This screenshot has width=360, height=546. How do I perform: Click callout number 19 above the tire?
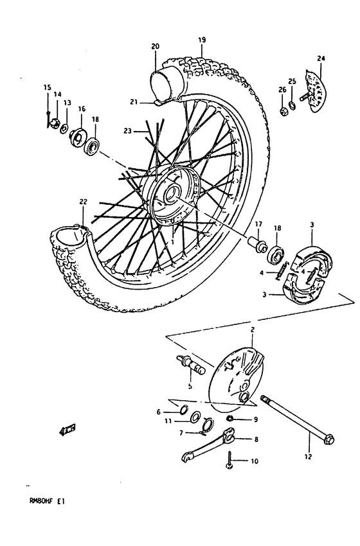point(202,40)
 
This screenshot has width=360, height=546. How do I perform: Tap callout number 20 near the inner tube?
point(155,46)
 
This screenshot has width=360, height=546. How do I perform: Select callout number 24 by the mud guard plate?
point(321,58)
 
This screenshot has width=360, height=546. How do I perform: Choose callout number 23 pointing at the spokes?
point(127,130)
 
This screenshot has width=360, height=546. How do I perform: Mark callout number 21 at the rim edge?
point(133,101)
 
